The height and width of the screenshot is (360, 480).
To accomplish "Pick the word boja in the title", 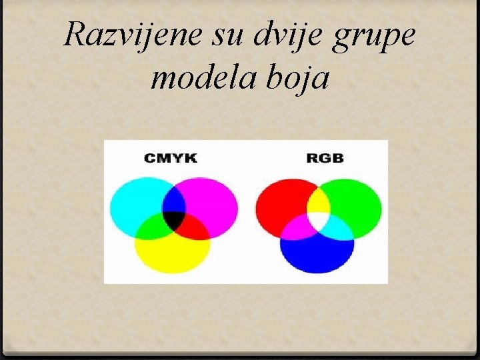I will tap(297, 78).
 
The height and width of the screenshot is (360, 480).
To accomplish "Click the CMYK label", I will tap(171, 158).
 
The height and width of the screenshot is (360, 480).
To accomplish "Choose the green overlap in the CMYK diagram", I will tap(153, 227).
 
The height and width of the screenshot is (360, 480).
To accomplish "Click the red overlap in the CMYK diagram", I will tap(194, 227).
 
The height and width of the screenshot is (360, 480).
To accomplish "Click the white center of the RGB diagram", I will tap(318, 219).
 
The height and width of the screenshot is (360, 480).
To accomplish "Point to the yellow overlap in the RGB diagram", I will tap(318, 201).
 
